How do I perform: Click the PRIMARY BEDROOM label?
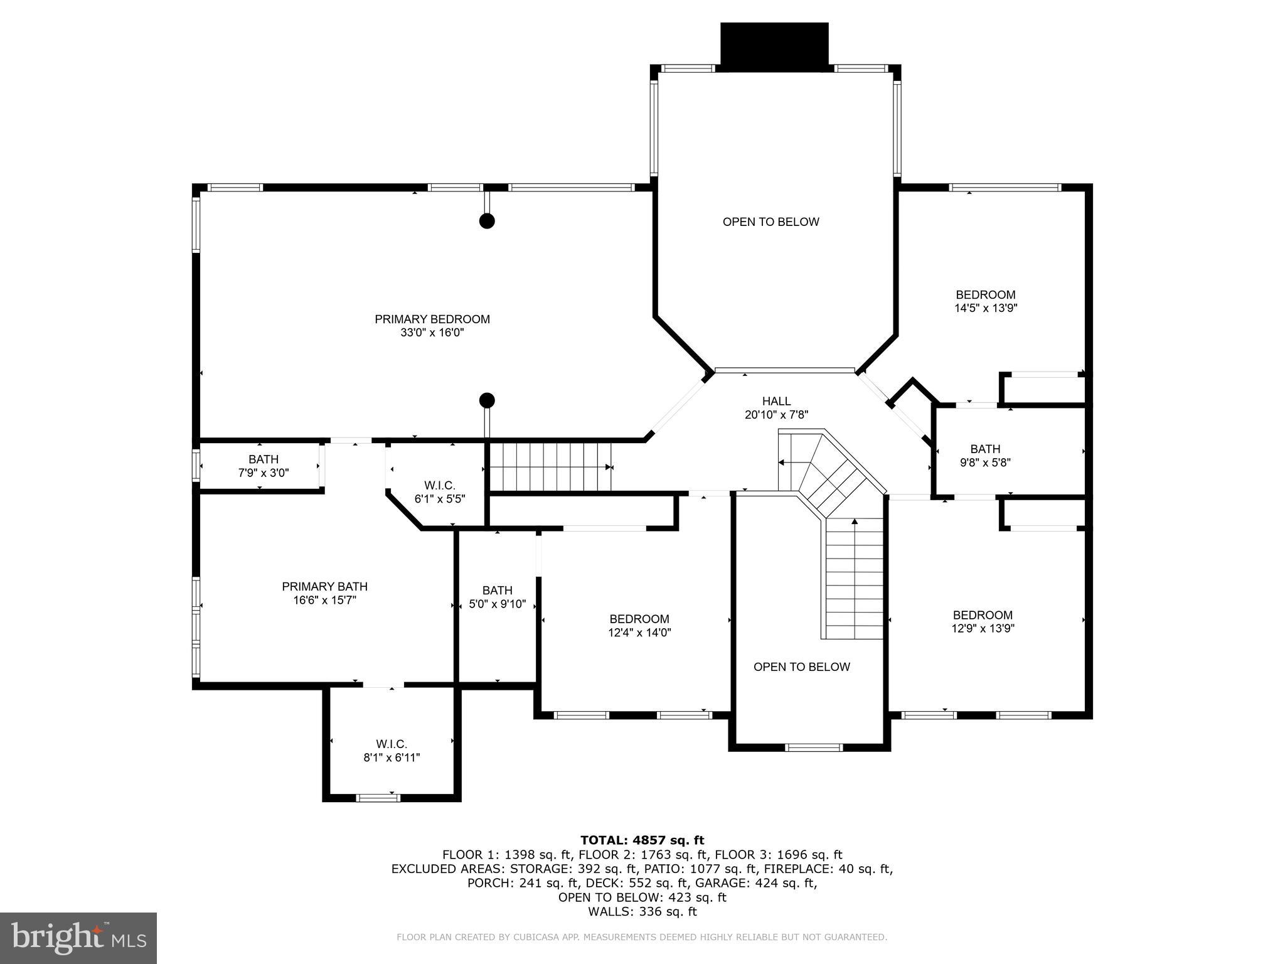click(432, 319)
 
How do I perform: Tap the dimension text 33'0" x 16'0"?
click(432, 333)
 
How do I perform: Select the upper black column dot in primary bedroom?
click(487, 221)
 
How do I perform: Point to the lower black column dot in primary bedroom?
click(487, 400)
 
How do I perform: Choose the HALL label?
click(776, 401)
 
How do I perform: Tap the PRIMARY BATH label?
click(324, 586)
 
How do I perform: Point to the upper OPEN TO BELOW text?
click(770, 222)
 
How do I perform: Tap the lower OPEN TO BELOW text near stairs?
click(801, 667)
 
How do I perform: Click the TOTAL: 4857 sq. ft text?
click(642, 840)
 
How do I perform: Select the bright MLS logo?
click(78, 938)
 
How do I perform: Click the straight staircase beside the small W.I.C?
click(549, 467)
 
